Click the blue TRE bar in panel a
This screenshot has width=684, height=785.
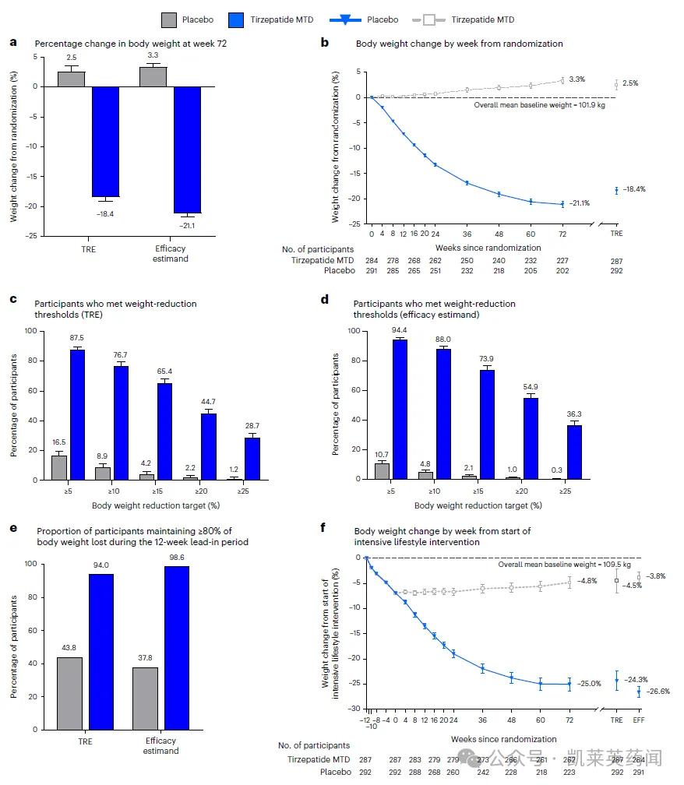click(x=106, y=142)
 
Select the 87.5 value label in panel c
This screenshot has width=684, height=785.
click(x=77, y=338)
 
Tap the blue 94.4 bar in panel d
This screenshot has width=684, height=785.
click(x=400, y=410)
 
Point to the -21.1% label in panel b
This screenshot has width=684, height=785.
click(x=579, y=203)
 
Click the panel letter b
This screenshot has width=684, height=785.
click(x=326, y=44)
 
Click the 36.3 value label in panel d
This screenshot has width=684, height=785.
click(x=573, y=415)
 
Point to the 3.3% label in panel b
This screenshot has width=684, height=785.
click(x=578, y=79)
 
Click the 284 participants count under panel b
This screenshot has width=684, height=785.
click(x=372, y=260)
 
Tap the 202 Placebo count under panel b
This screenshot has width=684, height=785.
click(x=562, y=271)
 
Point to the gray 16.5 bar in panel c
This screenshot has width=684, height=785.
click(x=59, y=467)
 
